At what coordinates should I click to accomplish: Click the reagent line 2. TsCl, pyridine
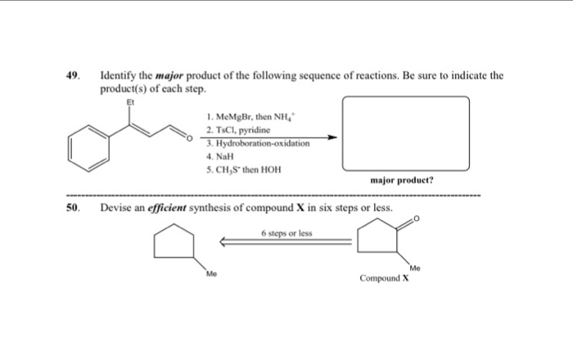pos(238,130)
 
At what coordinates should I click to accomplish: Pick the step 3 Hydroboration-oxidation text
pos(258,142)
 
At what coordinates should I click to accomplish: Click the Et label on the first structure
pos(127,103)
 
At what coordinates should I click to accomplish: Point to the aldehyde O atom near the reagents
pos(191,140)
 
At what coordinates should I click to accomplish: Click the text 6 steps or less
pos(286,232)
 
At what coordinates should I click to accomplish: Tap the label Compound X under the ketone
pos(384,279)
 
